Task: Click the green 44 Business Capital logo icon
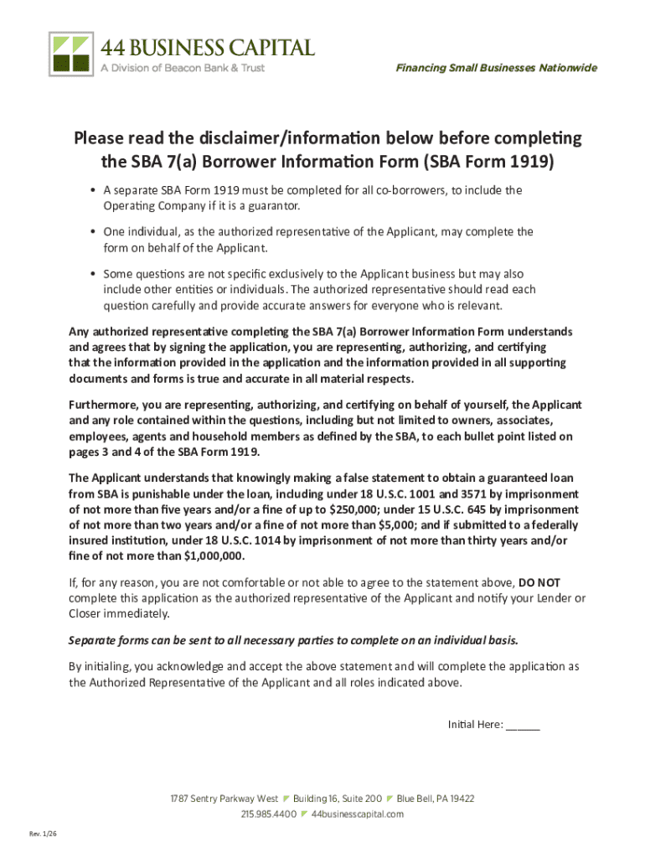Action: click(70, 53)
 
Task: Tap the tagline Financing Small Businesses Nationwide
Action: click(497, 68)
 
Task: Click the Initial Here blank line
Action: click(523, 726)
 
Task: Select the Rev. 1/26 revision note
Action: click(43, 834)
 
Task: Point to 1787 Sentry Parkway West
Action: click(224, 799)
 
